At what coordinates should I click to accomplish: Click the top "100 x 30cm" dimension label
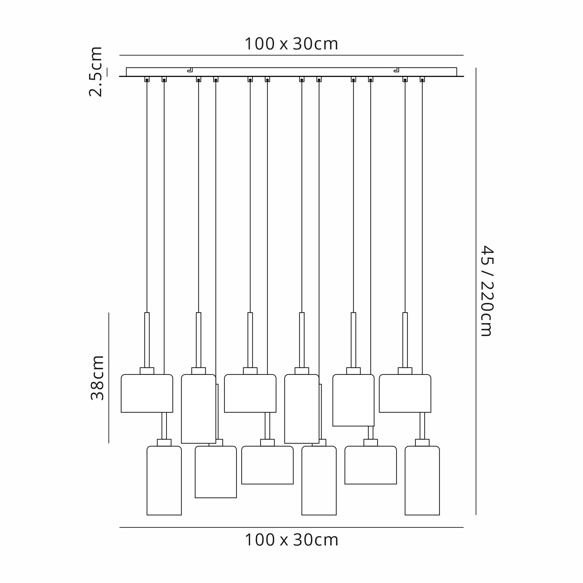click(x=291, y=44)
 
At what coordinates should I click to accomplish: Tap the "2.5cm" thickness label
click(x=96, y=72)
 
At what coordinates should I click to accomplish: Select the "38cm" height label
click(x=97, y=378)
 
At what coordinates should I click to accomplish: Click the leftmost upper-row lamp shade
click(x=147, y=393)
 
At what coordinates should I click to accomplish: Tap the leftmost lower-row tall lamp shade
click(x=164, y=480)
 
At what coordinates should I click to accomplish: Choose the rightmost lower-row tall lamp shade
click(x=422, y=480)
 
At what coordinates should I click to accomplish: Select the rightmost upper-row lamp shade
click(x=405, y=393)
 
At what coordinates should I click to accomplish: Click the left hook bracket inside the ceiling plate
click(x=190, y=70)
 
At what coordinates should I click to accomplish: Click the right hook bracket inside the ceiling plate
click(x=396, y=70)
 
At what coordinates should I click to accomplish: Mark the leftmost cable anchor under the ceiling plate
click(x=147, y=79)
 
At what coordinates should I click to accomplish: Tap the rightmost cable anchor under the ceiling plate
click(x=422, y=79)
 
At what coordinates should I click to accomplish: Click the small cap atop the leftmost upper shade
click(x=147, y=371)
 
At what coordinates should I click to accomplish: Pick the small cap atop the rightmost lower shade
click(x=422, y=443)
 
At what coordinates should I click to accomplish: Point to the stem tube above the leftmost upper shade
click(x=147, y=340)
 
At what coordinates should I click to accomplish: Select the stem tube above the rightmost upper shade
click(x=405, y=340)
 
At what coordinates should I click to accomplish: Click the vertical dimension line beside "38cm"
click(x=109, y=378)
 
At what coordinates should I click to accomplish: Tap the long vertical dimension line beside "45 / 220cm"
click(x=476, y=291)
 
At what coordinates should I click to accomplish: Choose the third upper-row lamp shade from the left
click(x=250, y=393)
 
